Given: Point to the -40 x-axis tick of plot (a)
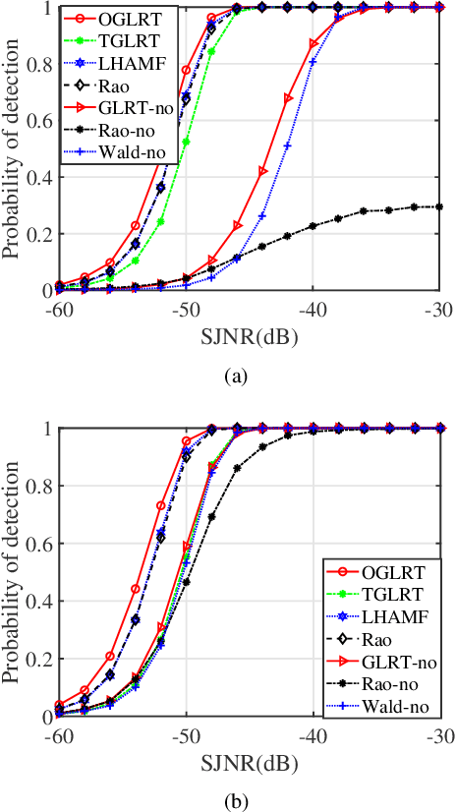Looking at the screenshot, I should (313, 308).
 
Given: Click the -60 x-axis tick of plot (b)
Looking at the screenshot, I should (59, 734).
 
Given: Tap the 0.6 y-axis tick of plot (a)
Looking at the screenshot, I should (42, 122).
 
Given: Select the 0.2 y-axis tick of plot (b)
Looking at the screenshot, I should (42, 660).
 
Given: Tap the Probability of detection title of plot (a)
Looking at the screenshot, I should (13, 147).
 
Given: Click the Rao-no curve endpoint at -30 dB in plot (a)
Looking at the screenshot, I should (439, 206).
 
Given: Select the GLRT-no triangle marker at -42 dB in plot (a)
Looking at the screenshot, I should (288, 98).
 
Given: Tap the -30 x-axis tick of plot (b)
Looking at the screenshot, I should (439, 734).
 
